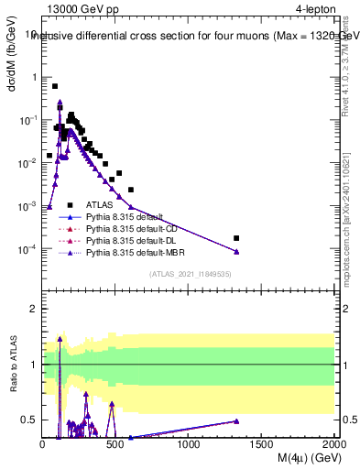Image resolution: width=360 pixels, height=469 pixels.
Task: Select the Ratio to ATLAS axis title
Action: coord(12,365)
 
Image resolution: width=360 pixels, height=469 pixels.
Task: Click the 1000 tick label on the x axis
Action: coord(189,445)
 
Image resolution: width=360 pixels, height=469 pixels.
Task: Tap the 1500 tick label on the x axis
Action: coord(262,445)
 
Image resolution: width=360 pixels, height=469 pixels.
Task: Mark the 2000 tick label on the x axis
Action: coord(333,445)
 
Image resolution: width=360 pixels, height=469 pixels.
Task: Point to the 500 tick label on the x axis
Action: coord(115,445)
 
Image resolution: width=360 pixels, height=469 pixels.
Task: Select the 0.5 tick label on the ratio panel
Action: coord(30,420)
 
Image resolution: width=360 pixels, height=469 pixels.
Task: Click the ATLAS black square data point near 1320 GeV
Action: coord(236,238)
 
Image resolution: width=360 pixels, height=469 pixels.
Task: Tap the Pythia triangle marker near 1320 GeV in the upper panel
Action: coord(236,252)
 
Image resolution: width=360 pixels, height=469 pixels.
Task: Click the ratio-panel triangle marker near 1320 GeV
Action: coord(236,421)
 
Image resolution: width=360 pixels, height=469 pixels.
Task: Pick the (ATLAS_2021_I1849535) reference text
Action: coord(189,273)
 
